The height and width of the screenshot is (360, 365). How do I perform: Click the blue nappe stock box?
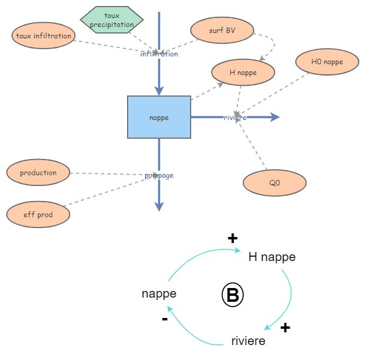[159, 118]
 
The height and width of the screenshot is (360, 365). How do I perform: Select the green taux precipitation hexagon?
[111, 20]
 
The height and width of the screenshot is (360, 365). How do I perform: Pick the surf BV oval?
[222, 31]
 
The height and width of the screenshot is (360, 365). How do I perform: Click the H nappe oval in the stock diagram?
[243, 73]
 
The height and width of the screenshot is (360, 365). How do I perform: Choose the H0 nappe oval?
[327, 61]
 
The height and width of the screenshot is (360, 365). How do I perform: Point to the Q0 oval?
[274, 183]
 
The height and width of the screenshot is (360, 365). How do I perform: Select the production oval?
[38, 173]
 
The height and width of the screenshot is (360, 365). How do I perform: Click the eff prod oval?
[38, 215]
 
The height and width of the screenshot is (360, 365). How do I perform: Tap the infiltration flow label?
[159, 54]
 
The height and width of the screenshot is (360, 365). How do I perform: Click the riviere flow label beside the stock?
[235, 118]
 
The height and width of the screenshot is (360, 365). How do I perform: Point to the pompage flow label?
[159, 175]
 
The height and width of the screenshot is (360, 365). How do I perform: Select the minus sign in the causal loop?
[165, 319]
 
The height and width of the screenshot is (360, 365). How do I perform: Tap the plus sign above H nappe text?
[233, 239]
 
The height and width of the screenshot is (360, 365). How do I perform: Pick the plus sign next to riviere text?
[285, 328]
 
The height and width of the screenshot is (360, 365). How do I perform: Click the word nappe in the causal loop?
[159, 293]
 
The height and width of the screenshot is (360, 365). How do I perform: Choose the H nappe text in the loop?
[272, 257]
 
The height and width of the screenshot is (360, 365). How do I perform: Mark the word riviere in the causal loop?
[248, 341]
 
